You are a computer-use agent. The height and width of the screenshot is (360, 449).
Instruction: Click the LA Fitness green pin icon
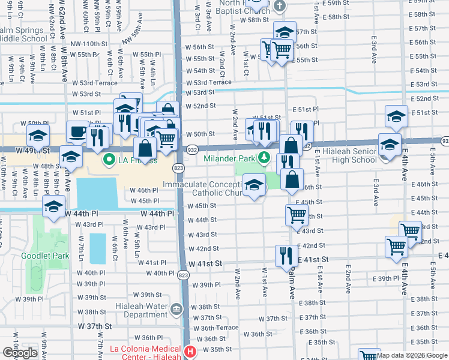pyautogui.click(x=109, y=160)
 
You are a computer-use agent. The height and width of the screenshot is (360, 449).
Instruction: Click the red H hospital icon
pyautogui.click(x=190, y=352)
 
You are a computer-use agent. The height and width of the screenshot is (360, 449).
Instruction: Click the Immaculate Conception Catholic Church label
pyautogui.click(x=207, y=188)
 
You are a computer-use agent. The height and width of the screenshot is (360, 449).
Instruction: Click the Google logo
pyautogui.click(x=20, y=353)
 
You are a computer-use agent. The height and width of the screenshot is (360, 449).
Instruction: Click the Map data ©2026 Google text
pyautogui.click(x=411, y=355)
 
